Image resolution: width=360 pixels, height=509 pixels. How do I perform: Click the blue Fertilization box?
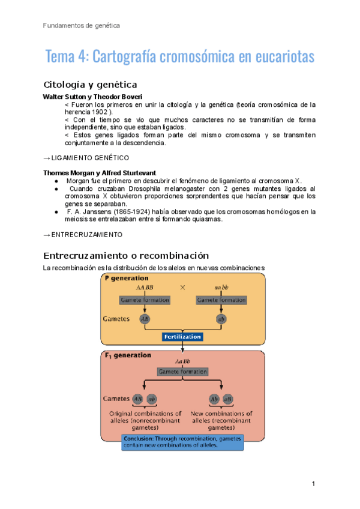pos(182,337)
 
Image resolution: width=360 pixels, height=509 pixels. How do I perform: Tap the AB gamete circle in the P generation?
pos(145,319)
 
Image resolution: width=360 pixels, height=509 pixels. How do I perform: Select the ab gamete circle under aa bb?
pos(221,319)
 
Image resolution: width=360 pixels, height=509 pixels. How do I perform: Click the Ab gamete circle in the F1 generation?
pos(214,399)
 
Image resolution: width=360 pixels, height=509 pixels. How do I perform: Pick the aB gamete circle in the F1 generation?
pos(228,399)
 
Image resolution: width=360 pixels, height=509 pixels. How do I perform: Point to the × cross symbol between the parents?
pos(182,288)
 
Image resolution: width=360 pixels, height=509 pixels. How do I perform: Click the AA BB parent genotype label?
pos(145,288)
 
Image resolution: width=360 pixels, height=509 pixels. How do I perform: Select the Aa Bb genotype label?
pos(182,361)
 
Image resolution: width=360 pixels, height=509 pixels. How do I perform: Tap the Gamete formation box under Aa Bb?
pos(182,372)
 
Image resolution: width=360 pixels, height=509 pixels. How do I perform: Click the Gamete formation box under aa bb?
pos(221,299)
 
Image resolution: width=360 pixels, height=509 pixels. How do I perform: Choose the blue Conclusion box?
pos(182,442)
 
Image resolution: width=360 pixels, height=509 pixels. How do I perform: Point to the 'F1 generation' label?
pos(128,355)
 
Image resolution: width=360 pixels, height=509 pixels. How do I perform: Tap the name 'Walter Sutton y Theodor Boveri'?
pos(92,97)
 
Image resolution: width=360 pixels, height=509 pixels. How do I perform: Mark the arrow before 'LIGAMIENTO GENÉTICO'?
pos(47,158)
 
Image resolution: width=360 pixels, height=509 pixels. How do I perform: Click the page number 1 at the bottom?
pos(313,484)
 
